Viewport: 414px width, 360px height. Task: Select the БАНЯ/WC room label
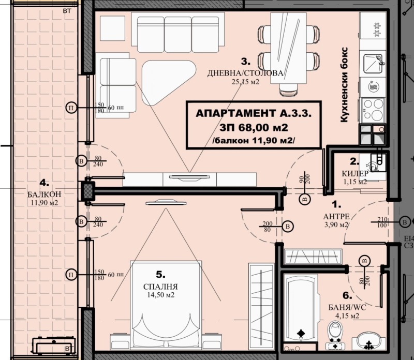(347, 307)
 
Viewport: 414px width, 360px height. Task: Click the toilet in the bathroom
(335, 334)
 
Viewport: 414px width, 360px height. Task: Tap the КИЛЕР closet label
(354, 173)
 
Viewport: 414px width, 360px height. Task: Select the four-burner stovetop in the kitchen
(372, 108)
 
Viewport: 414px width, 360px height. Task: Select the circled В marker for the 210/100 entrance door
(404, 222)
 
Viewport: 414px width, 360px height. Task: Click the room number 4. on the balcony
(44, 182)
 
